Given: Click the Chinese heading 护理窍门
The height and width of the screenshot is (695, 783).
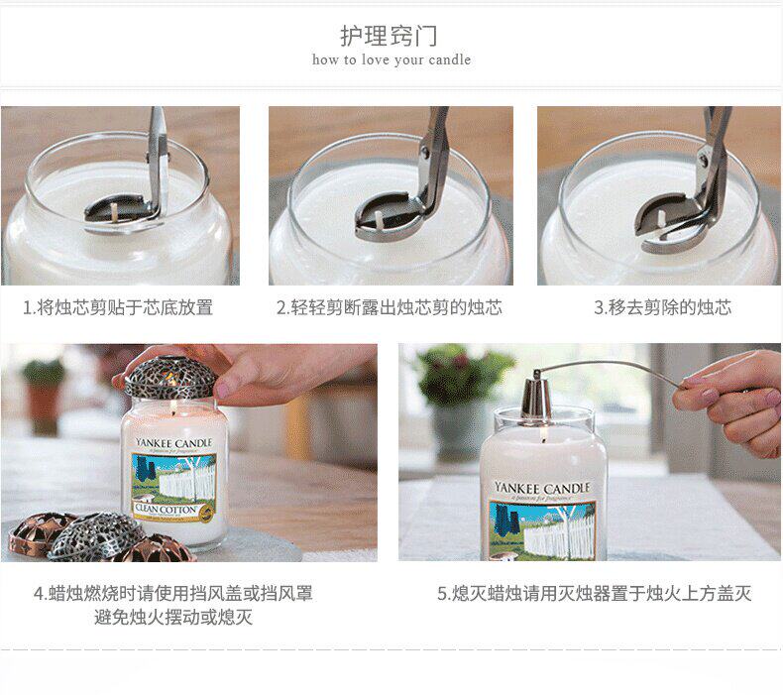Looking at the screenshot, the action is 389,36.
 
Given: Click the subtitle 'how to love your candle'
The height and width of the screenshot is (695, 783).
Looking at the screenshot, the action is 391,59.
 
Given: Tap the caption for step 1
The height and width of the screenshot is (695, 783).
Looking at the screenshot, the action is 118,307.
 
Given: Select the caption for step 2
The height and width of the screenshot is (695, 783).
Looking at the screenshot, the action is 390,307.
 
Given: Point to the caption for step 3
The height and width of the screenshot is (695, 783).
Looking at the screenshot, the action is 663,307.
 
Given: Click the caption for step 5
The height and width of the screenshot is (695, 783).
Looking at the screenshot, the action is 595,593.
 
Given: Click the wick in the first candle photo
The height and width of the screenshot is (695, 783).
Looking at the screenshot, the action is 115,211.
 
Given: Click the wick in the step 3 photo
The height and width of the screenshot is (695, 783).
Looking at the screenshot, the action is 662,218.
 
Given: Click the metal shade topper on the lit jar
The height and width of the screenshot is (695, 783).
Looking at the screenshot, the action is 170,377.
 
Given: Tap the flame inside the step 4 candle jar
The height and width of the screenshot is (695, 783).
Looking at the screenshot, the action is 173,410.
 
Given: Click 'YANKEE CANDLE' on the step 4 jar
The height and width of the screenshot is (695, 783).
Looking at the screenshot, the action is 173,443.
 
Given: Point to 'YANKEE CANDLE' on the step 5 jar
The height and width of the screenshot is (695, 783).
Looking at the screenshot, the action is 542,488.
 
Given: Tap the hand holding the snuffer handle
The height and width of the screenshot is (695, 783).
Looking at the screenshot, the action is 731,400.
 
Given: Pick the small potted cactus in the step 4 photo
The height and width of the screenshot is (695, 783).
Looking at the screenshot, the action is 44,395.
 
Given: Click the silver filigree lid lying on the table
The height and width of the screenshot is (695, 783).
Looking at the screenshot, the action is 96,536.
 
